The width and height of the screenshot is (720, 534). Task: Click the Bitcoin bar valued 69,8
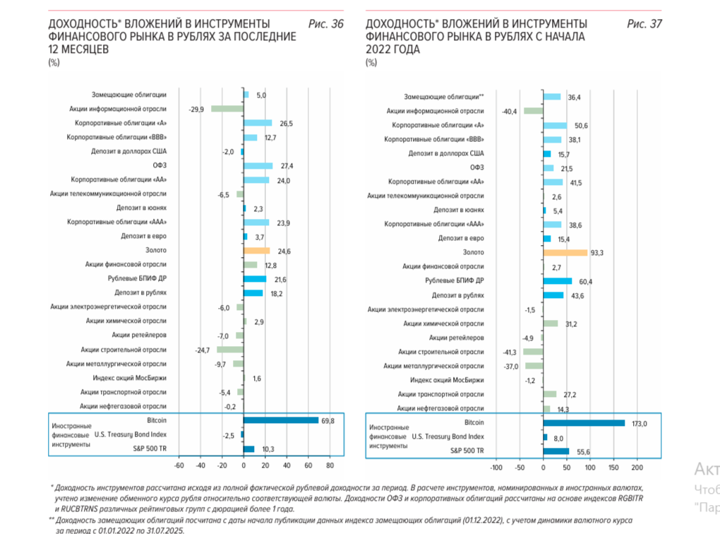point(281,420)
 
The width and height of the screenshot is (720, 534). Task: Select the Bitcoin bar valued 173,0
point(584,423)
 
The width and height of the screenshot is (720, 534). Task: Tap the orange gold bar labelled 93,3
point(565,252)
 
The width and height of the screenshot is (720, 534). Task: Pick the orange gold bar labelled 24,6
point(256,250)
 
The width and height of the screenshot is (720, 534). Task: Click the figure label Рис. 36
point(326,24)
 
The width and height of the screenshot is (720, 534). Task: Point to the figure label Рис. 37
point(644,24)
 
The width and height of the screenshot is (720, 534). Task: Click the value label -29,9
point(197,109)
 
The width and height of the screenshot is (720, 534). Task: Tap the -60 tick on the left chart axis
point(179,465)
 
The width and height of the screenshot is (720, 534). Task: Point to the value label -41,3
point(510,352)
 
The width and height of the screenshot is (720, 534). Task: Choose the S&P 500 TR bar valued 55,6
point(556,451)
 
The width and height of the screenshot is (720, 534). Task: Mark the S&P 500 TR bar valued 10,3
point(248,449)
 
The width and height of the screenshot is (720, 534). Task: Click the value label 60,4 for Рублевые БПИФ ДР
point(584,281)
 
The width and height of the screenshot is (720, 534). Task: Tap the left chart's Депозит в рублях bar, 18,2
point(253,293)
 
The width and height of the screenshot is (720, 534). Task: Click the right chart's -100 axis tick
point(496,468)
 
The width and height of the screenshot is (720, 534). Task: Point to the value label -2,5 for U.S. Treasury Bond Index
point(227,435)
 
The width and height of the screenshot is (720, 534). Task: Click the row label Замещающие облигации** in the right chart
point(444,97)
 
